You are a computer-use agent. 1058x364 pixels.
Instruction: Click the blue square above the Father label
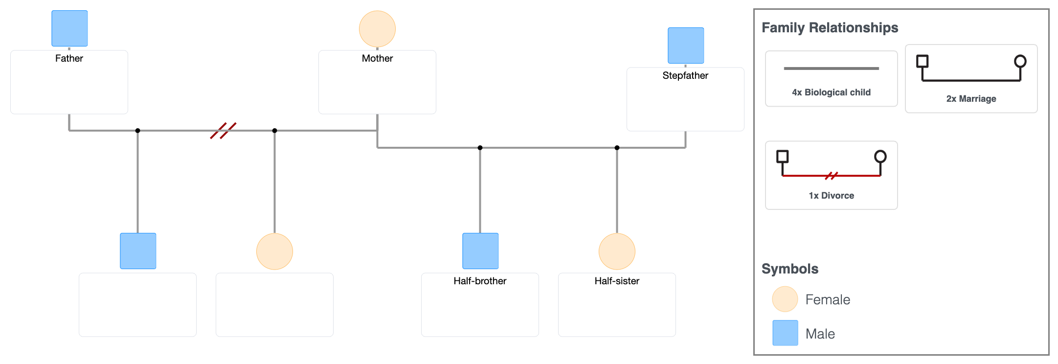coord(69,28)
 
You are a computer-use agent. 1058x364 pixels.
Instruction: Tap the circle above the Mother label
coord(377,29)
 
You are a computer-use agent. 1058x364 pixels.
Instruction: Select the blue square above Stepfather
coord(686,45)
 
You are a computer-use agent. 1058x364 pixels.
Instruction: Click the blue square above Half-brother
coord(480,251)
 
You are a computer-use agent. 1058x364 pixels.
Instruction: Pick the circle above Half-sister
coord(617,251)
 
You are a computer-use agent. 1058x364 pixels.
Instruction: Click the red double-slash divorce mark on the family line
coord(223,131)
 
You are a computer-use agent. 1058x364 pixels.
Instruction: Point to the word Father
coord(69,58)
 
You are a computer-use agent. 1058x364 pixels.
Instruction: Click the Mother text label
coord(377,58)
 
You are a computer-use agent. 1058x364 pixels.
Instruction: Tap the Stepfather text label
coord(685,75)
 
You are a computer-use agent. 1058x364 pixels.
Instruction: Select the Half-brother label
coord(480,281)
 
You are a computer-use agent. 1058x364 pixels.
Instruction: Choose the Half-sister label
coord(617,281)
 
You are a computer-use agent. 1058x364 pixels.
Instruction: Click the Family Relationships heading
coord(830,27)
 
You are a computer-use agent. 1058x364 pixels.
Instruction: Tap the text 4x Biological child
coord(831,92)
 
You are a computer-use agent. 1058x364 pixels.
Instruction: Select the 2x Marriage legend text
coord(971,99)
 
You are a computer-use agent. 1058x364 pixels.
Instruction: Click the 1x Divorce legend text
coord(831,196)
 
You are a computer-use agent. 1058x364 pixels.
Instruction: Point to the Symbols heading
coord(789,269)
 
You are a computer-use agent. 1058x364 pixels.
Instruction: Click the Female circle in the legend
coord(785,299)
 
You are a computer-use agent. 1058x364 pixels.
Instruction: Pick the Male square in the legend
coord(785,333)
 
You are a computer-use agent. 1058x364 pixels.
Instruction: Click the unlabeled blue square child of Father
coord(138,251)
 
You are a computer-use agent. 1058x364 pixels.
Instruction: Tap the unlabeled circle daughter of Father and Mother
coord(274,251)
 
